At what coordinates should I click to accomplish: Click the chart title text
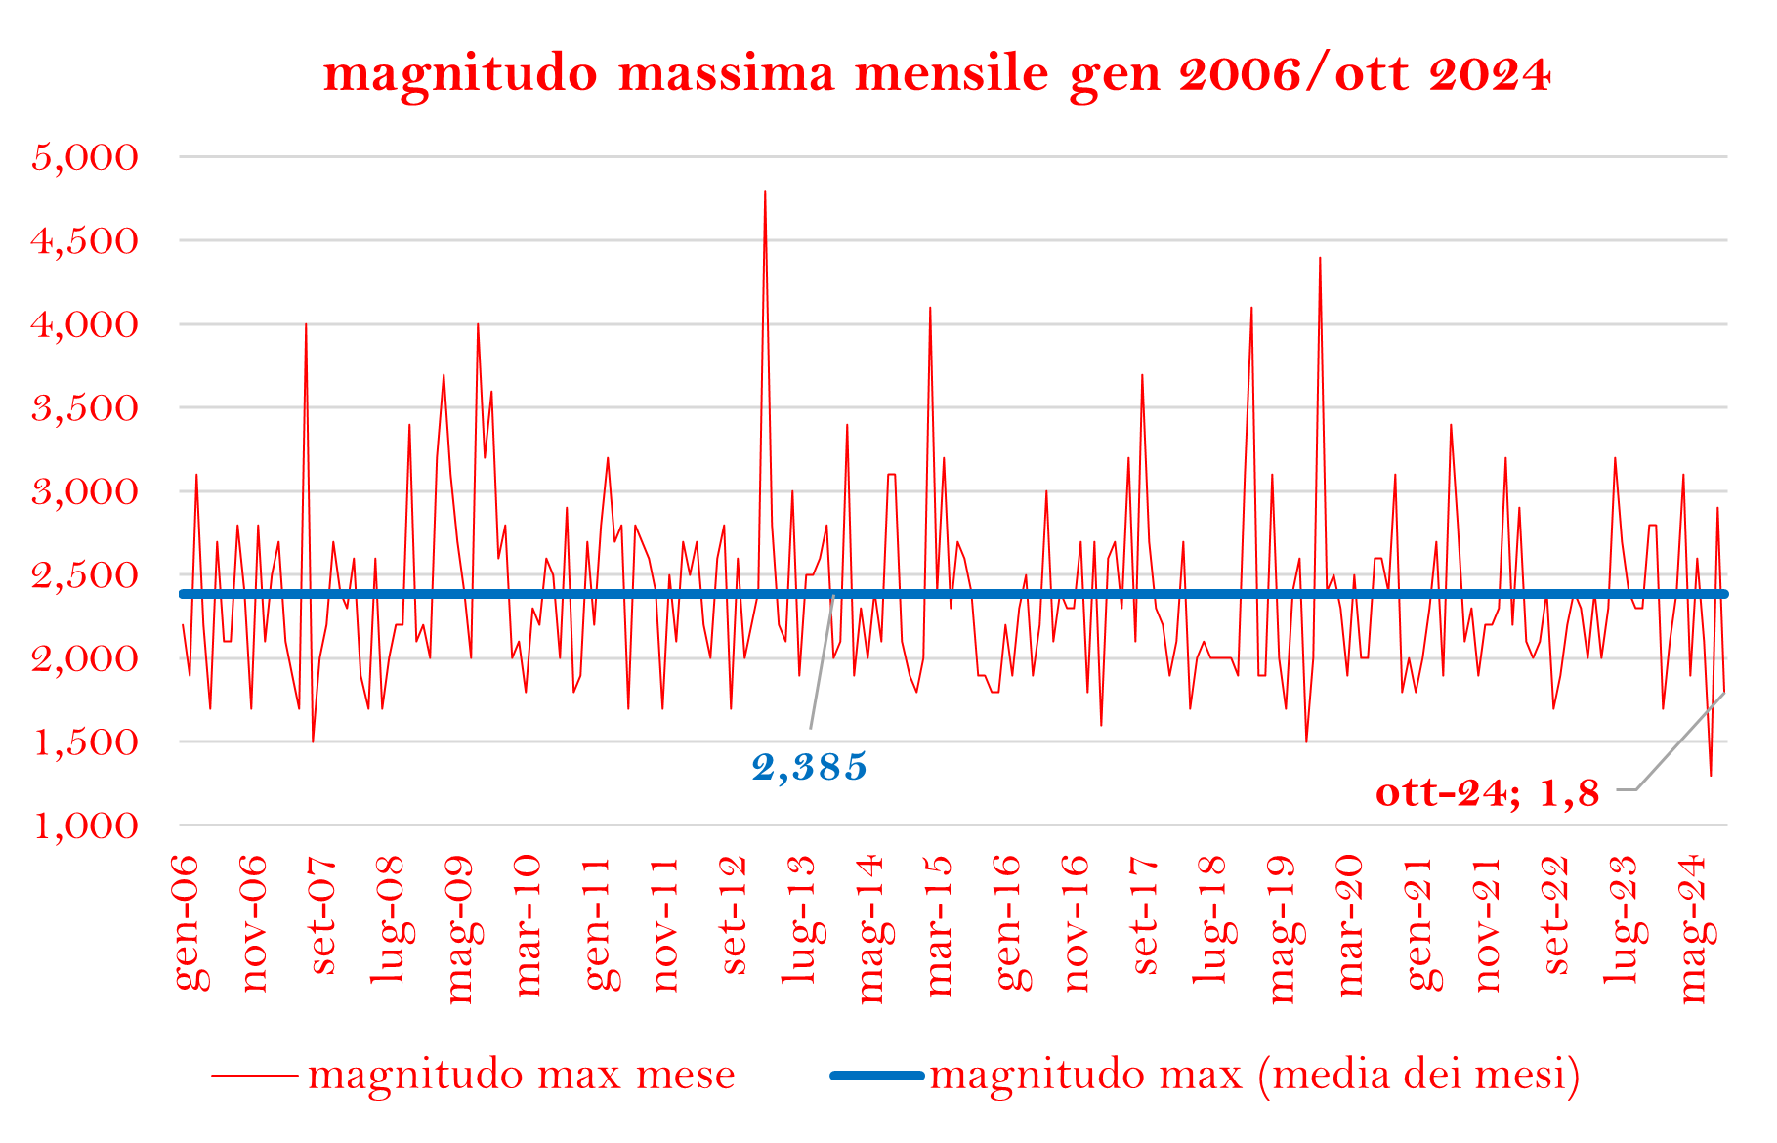tap(937, 74)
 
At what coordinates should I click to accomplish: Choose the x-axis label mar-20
tap(1352, 925)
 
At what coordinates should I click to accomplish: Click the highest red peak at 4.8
tap(765, 192)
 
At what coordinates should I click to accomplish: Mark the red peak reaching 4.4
tap(1320, 259)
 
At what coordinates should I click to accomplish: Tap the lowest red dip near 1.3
tap(1711, 774)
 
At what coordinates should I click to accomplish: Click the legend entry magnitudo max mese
tap(522, 1075)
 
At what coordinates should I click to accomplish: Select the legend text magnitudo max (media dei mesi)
tap(1254, 1075)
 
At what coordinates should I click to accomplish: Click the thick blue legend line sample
tap(876, 1076)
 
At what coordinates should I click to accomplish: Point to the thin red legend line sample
tap(255, 1076)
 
